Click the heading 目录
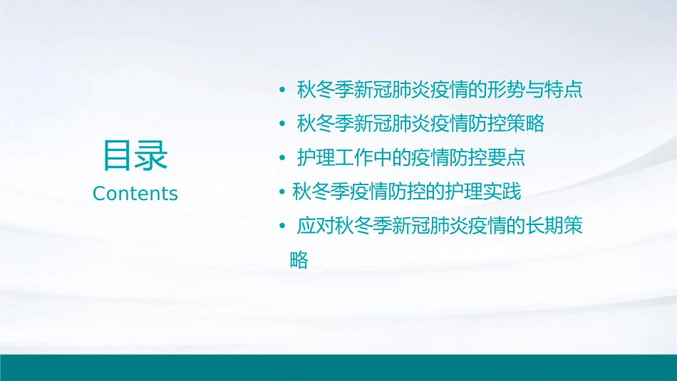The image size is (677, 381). click(135, 156)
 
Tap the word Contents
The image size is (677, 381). click(135, 194)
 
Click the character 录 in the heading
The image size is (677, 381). click(152, 156)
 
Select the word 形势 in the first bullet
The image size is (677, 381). click(506, 90)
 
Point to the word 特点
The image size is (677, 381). click(567, 90)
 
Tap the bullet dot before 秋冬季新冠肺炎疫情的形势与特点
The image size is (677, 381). click(282, 90)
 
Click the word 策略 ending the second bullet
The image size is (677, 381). click(529, 124)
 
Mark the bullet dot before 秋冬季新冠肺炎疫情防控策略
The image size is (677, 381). click(282, 124)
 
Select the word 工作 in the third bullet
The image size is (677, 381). click(346, 157)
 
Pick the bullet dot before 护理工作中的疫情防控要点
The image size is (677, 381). click(282, 157)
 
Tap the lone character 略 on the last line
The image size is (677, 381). click(299, 260)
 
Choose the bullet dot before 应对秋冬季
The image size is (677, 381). click(282, 226)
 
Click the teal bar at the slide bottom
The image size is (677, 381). click(338, 367)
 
